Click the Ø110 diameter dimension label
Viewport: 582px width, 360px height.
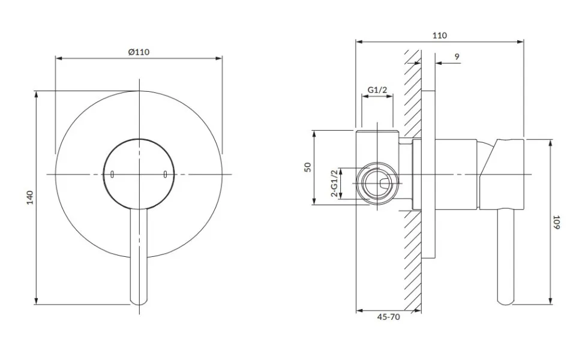pyautogui.click(x=139, y=52)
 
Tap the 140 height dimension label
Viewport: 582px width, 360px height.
pyautogui.click(x=30, y=197)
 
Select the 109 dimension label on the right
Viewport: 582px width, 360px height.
pyautogui.click(x=556, y=222)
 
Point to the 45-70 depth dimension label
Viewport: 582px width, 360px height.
pyautogui.click(x=389, y=317)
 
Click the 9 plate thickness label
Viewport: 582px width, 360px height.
pyautogui.click(x=457, y=57)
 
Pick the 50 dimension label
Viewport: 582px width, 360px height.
pyautogui.click(x=308, y=167)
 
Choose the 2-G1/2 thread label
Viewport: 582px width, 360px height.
pyautogui.click(x=334, y=184)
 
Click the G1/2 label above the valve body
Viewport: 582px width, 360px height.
pyautogui.click(x=377, y=90)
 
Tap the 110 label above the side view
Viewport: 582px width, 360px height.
pyautogui.click(x=439, y=35)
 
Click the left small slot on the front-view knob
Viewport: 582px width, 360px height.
pyautogui.click(x=112, y=174)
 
